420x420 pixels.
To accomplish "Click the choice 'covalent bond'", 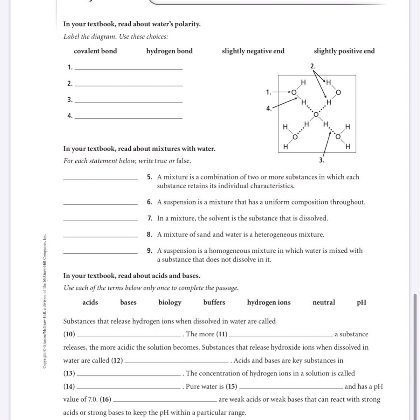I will click(95, 51).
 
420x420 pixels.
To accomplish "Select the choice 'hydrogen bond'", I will click(169, 51).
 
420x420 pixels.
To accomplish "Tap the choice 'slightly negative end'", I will click(253, 51).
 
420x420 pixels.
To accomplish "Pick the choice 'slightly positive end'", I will click(344, 51).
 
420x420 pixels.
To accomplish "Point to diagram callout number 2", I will click(313, 66).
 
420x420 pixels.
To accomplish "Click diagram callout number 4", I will click(268, 108).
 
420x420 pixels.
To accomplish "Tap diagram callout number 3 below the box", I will click(322, 160).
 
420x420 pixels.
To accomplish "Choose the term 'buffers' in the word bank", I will click(214, 302).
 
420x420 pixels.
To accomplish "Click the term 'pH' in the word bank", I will click(362, 302).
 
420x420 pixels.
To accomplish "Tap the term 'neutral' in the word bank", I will click(323, 302).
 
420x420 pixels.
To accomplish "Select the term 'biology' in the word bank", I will click(170, 302).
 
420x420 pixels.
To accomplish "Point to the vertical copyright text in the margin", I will click(44, 301).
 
